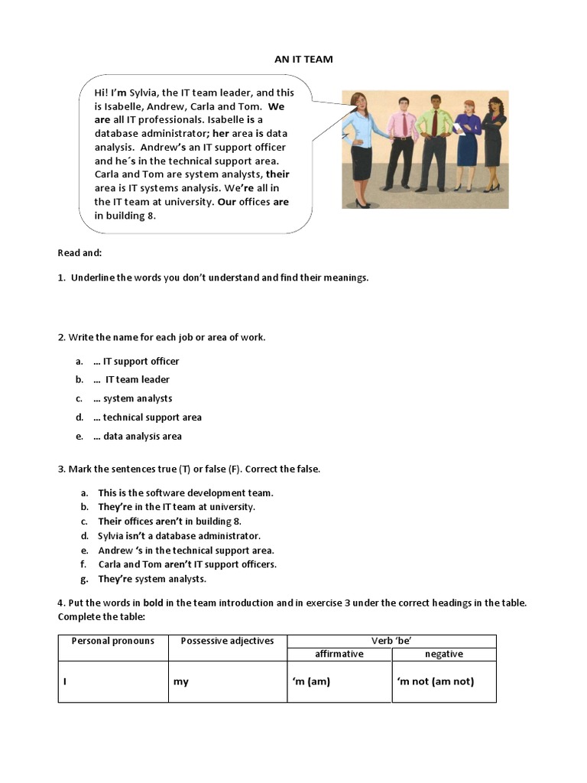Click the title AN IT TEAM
coord(303,59)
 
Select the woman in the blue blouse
coord(359,149)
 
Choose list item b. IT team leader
coord(131,379)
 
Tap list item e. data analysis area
coord(138,437)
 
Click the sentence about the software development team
coord(185,493)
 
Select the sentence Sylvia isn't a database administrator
coord(179,536)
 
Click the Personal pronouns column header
coord(112,641)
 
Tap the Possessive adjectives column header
coord(227,641)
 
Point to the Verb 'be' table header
coord(391,641)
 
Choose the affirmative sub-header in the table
coord(339,654)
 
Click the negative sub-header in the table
coord(444,654)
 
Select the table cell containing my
coord(181,681)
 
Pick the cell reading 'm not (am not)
coord(436,681)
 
